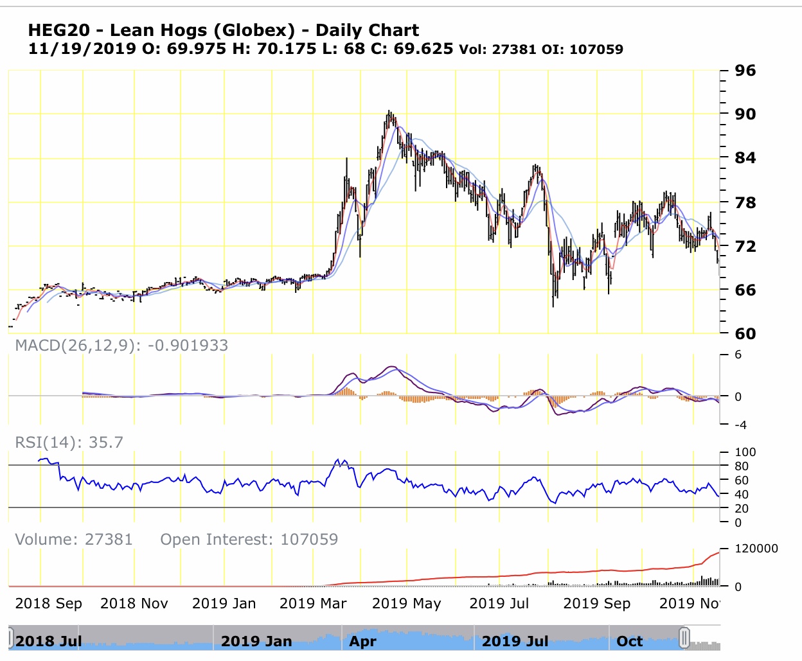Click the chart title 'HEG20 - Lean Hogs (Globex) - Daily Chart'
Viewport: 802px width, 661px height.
pos(223,30)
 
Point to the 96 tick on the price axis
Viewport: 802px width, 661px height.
pos(745,70)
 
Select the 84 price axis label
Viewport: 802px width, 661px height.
pos(745,157)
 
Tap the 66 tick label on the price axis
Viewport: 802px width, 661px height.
pos(745,290)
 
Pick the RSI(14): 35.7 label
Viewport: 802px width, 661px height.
pos(69,442)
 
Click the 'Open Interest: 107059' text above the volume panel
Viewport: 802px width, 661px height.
pos(249,539)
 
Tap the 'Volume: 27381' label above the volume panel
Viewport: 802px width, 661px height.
pos(74,539)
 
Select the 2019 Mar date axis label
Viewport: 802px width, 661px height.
pos(313,603)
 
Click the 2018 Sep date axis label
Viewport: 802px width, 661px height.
pos(48,603)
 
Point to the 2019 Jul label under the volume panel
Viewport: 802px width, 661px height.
pos(499,603)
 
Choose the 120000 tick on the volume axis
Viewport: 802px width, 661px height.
pos(756,548)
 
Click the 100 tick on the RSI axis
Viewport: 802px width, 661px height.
pos(745,452)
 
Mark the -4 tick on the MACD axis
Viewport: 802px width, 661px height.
pos(740,425)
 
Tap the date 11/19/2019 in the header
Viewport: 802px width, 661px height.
pos(82,49)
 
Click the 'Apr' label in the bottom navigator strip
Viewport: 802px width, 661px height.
pos(362,641)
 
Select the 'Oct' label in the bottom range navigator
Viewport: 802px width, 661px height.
pos(629,641)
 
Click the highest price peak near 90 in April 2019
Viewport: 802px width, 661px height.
pos(389,111)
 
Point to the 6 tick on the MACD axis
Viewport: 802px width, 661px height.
pos(738,355)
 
